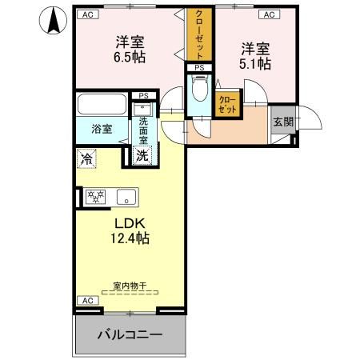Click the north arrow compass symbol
53,20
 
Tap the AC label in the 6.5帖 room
86,14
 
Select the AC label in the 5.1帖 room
268,14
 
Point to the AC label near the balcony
86,300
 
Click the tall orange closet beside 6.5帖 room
197,35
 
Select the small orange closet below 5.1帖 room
227,104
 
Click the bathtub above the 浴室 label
102,104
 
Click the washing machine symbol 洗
142,157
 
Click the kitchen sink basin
126,196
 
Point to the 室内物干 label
130,285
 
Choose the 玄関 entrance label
282,122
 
